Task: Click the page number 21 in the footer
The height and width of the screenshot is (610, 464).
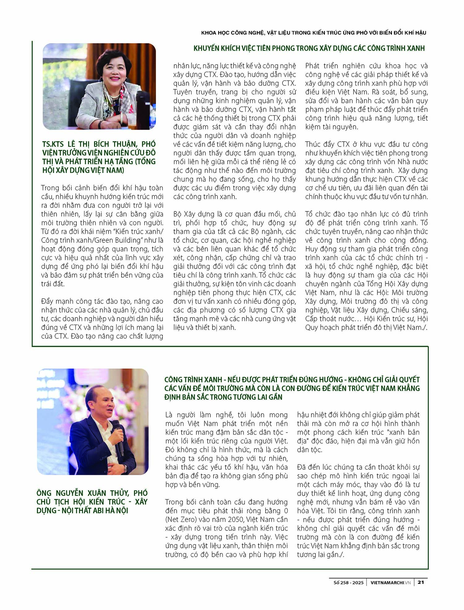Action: click(x=421, y=582)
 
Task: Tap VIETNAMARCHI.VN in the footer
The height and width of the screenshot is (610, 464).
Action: click(x=391, y=582)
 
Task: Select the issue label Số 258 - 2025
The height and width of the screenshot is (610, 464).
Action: click(x=348, y=582)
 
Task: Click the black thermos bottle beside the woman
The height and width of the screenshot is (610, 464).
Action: click(x=143, y=110)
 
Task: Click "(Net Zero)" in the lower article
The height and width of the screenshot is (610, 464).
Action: click(x=181, y=519)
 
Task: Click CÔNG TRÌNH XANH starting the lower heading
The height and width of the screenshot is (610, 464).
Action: click(x=193, y=379)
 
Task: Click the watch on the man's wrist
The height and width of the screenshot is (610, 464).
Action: click(x=126, y=469)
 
